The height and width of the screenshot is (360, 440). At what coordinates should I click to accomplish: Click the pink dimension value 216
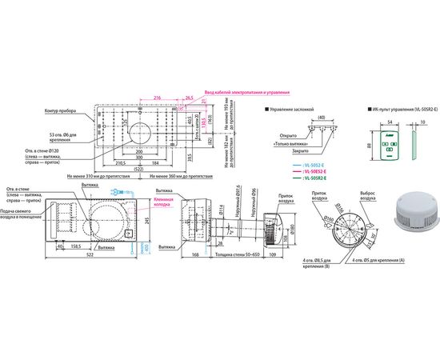click(x=158, y=97)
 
